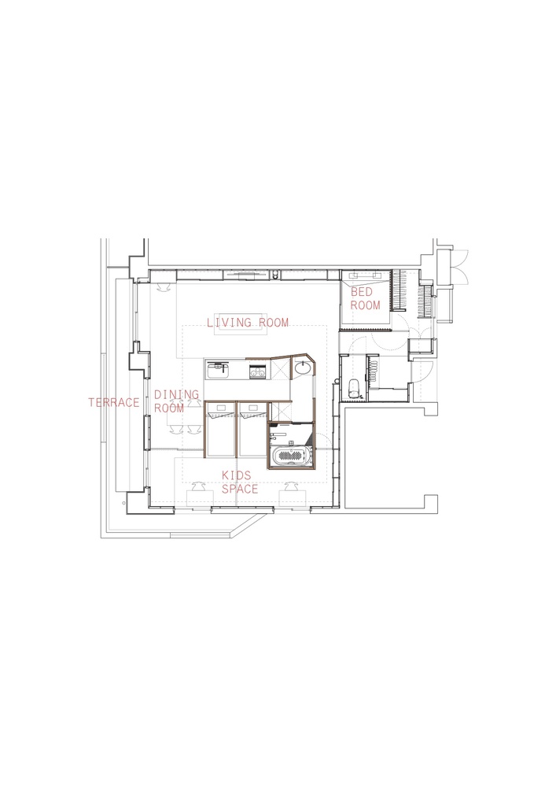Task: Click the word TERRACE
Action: [114, 402]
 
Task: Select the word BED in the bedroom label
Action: [362, 292]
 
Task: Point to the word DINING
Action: [176, 394]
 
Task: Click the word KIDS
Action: [237, 475]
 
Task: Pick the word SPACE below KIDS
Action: [240, 489]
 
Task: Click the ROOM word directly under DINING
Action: [169, 408]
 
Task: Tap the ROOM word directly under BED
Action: [366, 305]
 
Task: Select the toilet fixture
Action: [353, 388]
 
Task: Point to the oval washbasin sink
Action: [303, 368]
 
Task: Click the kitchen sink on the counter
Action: [218, 371]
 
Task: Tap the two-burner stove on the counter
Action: [258, 372]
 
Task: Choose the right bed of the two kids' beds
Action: [251, 429]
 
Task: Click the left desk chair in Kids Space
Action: [198, 486]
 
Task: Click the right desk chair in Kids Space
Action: [291, 486]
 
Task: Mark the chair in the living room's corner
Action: [163, 286]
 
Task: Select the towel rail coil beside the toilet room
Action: [374, 371]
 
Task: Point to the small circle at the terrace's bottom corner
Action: [123, 502]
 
